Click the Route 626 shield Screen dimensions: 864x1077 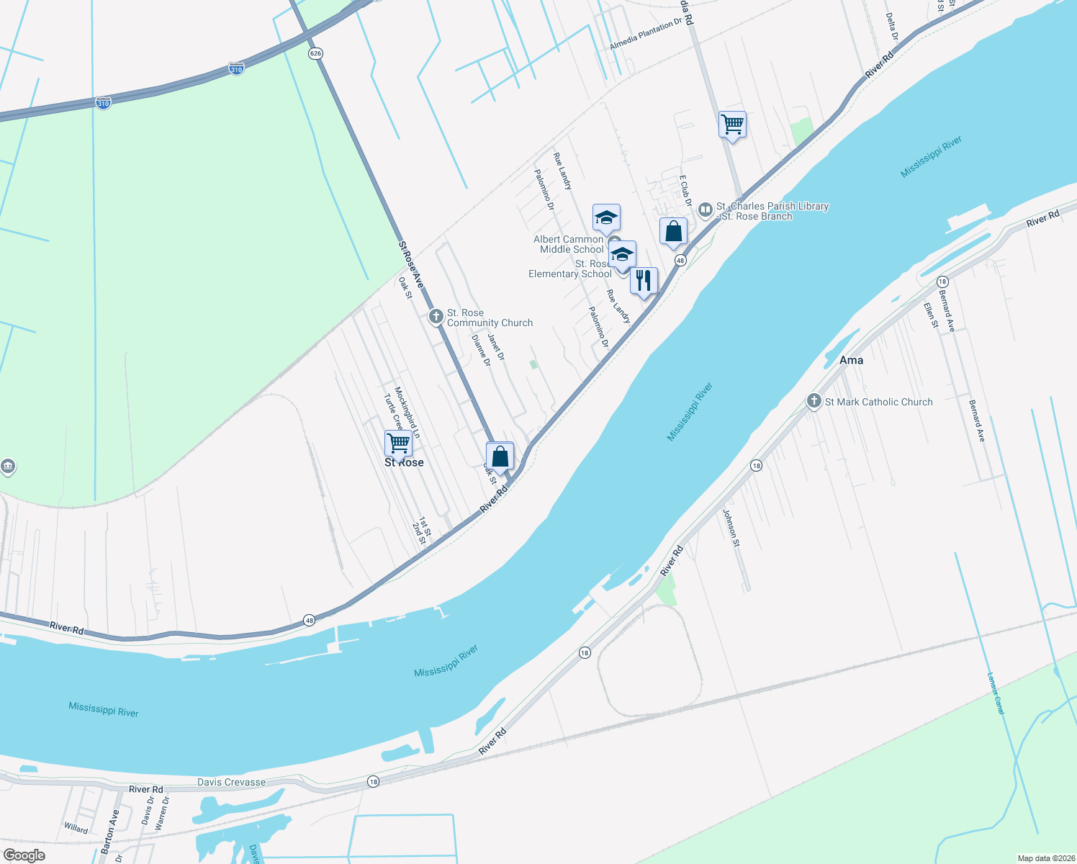click(315, 53)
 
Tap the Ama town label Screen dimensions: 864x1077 click(851, 360)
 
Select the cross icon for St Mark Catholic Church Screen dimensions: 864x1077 click(814, 401)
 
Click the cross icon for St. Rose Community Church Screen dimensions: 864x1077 click(436, 317)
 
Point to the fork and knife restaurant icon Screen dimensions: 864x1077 click(644, 280)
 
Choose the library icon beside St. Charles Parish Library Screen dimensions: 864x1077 click(706, 210)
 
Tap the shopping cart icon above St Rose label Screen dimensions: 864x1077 click(398, 442)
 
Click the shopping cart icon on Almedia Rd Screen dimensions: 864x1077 click(732, 124)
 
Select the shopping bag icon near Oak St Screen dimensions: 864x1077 click(500, 456)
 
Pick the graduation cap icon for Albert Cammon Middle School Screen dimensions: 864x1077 click(606, 217)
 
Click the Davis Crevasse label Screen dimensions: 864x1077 click(232, 782)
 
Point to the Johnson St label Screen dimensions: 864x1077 click(731, 528)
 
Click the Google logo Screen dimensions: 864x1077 click(24, 855)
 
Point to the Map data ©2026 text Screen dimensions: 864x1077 click(1044, 858)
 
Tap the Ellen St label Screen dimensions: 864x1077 click(931, 315)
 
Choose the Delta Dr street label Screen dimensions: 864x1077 click(892, 26)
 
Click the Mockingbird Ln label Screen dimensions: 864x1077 click(407, 413)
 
